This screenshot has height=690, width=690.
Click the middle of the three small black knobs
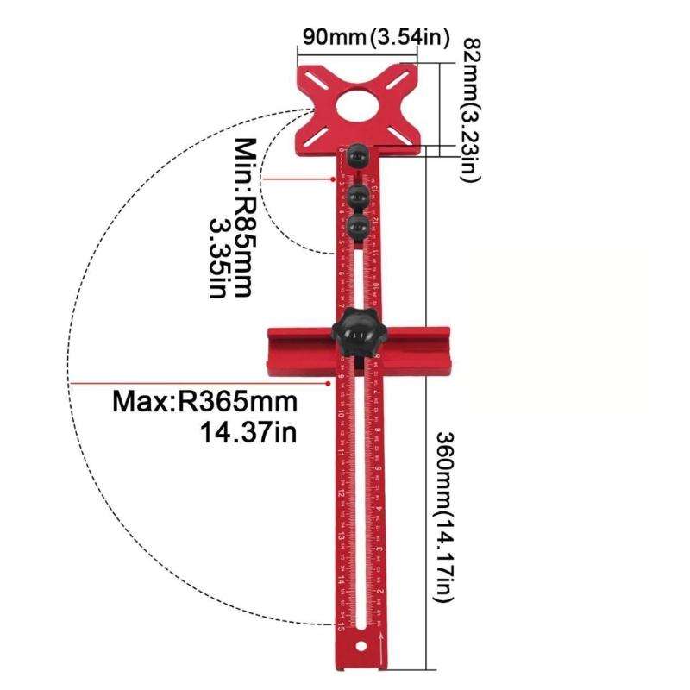click(360, 191)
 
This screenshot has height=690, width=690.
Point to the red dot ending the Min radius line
click(334, 179)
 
